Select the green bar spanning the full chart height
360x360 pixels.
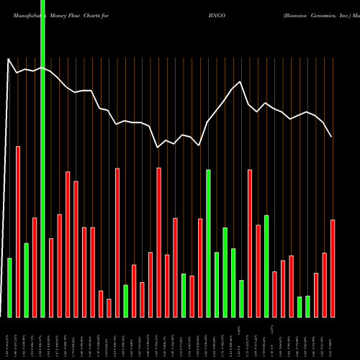[42, 158]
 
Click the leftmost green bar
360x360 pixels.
[9, 287]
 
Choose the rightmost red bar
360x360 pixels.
[333, 268]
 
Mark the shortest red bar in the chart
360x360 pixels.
[109, 308]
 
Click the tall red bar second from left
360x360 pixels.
[18, 231]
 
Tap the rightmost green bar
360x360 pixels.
[307, 306]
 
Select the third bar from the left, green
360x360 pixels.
[26, 280]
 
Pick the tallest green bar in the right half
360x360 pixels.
[208, 243]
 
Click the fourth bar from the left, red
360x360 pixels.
[35, 267]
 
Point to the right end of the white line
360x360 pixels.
[332, 137]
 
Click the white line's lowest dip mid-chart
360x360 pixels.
[158, 148]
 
